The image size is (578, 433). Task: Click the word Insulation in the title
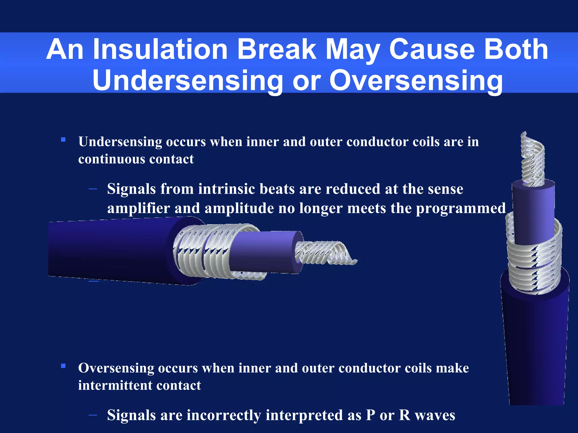tap(160, 50)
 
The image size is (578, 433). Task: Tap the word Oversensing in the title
tap(416, 81)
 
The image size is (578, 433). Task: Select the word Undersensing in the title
tap(188, 81)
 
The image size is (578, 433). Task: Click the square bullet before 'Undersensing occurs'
tap(63, 140)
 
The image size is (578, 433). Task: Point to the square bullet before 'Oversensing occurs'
tap(63, 366)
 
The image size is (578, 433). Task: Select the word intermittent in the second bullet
tap(115, 385)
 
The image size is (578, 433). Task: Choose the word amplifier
tap(138, 209)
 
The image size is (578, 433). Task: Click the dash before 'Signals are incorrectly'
tap(93, 415)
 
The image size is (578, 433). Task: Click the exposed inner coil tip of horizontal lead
tap(325, 253)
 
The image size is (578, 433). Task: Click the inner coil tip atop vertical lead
tap(533, 161)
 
